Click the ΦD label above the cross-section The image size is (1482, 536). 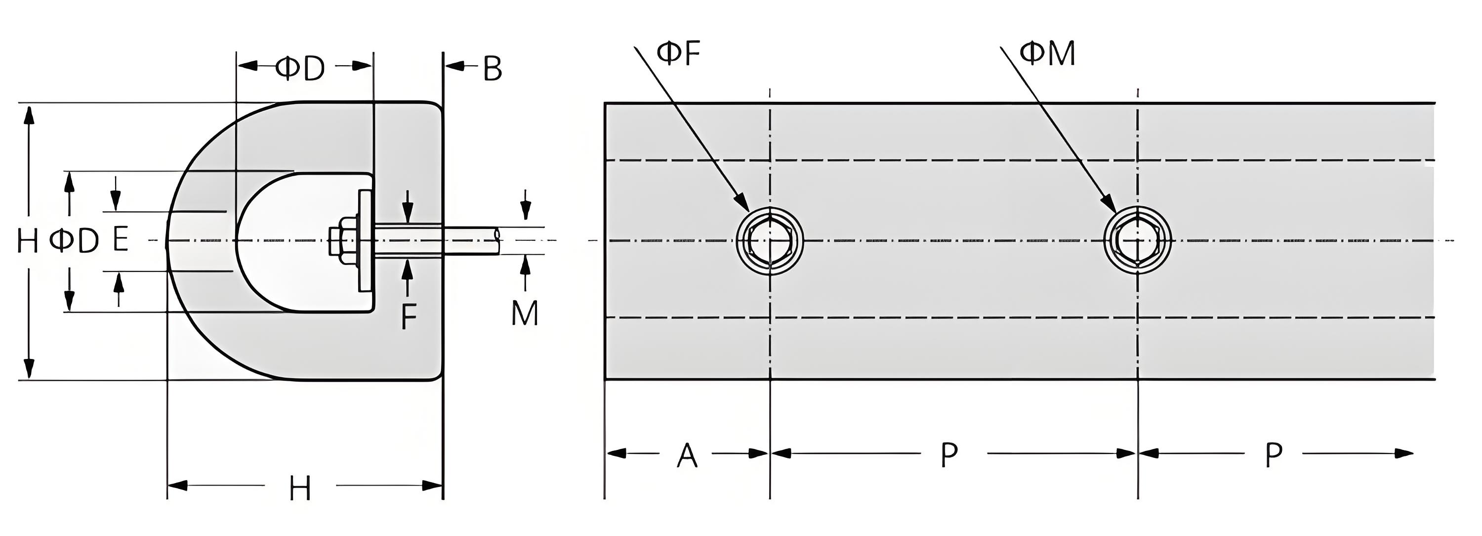(300, 68)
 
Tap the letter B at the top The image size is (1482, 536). (492, 69)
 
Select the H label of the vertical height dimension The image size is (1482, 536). (28, 241)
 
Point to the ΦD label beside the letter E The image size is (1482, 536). (74, 241)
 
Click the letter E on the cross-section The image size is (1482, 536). (120, 240)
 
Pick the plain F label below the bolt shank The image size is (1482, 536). (409, 316)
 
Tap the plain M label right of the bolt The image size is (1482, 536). (525, 314)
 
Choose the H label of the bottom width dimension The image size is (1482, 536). (300, 490)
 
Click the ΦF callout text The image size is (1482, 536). (678, 53)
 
